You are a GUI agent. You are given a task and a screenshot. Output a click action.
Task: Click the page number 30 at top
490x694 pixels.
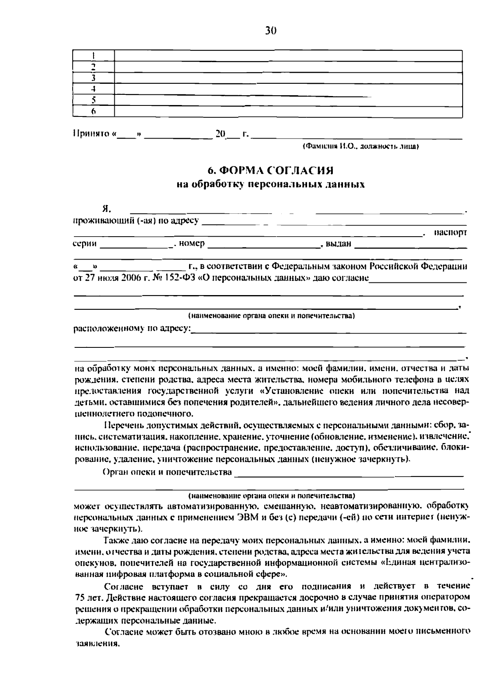[271, 30]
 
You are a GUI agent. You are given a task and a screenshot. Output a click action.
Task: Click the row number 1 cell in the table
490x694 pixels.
[94, 56]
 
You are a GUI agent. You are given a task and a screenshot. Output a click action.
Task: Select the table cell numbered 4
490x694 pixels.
[94, 89]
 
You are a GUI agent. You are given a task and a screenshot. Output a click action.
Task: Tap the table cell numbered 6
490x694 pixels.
[94, 111]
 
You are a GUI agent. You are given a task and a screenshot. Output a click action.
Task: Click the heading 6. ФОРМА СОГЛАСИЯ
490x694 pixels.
[271, 170]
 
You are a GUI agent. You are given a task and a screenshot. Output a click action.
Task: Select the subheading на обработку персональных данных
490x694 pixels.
[271, 184]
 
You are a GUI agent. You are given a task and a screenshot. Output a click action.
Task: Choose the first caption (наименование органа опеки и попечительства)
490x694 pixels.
[271, 316]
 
